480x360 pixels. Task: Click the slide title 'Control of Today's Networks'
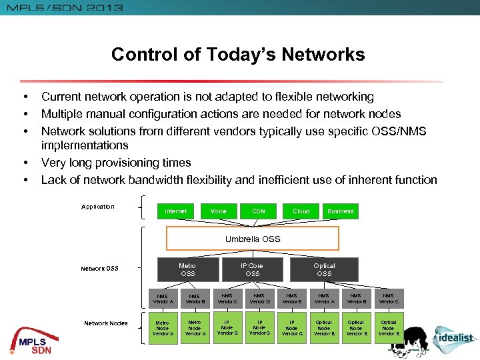tap(238, 54)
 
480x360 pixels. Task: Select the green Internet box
tap(176, 211)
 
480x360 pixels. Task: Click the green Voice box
tap(219, 211)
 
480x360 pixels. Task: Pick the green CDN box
tap(259, 211)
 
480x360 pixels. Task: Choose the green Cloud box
tap(301, 211)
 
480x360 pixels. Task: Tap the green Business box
tap(340, 211)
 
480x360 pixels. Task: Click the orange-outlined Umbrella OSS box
tap(253, 239)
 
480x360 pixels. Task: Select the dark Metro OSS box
tap(187, 269)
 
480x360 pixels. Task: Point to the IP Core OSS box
tap(253, 269)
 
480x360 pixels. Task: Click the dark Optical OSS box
tap(324, 269)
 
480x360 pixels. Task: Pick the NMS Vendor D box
tap(259, 299)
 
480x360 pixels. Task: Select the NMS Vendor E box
tap(291, 299)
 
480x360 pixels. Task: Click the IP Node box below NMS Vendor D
tap(259, 328)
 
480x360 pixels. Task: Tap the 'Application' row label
tap(98, 207)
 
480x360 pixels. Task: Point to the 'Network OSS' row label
tap(99, 269)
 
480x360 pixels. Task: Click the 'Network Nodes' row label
tap(105, 323)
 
